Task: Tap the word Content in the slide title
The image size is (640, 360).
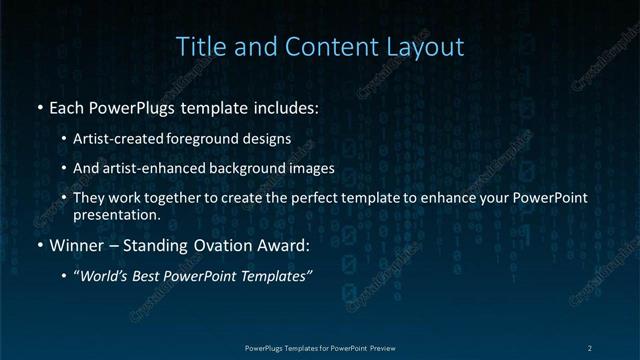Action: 322,46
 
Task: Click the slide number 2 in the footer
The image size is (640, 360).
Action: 590,347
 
